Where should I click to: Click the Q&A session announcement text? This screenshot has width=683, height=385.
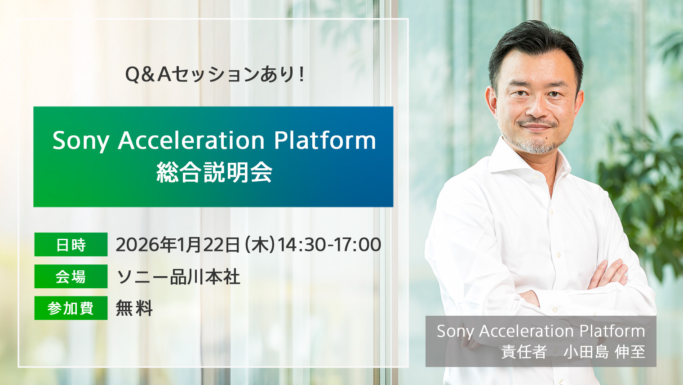click(x=215, y=74)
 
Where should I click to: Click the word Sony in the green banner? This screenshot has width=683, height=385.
click(x=81, y=141)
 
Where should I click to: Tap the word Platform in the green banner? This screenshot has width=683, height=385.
click(x=325, y=141)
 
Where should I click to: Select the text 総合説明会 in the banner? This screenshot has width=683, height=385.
click(x=214, y=172)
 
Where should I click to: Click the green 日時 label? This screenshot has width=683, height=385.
click(x=71, y=245)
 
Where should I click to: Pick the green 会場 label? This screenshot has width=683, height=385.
click(x=71, y=277)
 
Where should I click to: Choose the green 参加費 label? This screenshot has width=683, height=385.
click(x=71, y=309)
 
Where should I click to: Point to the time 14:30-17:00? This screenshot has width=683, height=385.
click(x=329, y=245)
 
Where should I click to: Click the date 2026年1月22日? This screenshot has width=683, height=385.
click(x=178, y=245)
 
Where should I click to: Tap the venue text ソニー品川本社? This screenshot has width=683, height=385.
click(x=178, y=277)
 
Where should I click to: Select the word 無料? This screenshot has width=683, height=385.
click(x=134, y=309)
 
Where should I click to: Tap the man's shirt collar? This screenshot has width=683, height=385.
click(x=508, y=160)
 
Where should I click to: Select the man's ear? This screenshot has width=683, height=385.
click(x=491, y=101)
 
